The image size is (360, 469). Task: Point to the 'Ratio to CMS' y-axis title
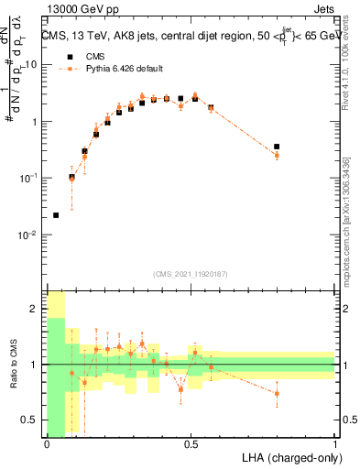(x=14, y=364)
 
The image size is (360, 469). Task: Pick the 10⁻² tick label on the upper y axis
(x=30, y=235)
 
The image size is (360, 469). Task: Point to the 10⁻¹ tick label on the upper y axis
(x=30, y=179)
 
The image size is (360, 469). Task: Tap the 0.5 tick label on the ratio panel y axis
(x=32, y=420)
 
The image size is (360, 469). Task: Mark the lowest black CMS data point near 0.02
(x=56, y=215)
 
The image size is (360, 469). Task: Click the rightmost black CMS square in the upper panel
(x=277, y=147)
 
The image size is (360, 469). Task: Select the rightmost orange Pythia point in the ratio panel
(x=277, y=393)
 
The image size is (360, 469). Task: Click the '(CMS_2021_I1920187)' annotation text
(x=191, y=274)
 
